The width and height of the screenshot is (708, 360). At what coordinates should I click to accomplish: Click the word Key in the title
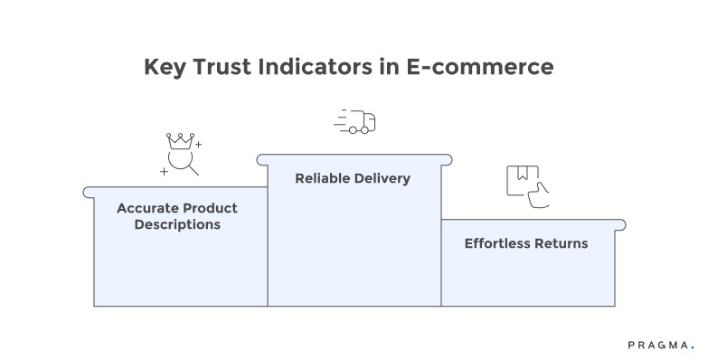pos(165,68)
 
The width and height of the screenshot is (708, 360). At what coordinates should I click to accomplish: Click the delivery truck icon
pos(362,122)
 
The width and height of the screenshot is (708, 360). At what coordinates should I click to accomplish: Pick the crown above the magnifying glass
pos(180,142)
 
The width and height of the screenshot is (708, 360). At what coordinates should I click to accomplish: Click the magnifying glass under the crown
pos(184,164)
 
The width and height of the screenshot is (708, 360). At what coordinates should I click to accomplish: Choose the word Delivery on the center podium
pos(382,178)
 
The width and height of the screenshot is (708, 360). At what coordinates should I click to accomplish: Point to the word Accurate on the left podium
pos(146,208)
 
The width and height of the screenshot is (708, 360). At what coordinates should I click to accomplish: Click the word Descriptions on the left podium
pos(177,224)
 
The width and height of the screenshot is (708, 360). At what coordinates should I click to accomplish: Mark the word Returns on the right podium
pos(563,243)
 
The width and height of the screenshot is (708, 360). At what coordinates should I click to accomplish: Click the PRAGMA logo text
pos(657,345)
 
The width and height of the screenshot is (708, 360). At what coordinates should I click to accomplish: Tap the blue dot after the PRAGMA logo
pos(693,347)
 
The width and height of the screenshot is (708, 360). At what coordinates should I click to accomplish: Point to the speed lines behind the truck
pos(342,121)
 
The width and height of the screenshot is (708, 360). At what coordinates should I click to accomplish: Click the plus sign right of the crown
pos(199,145)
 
